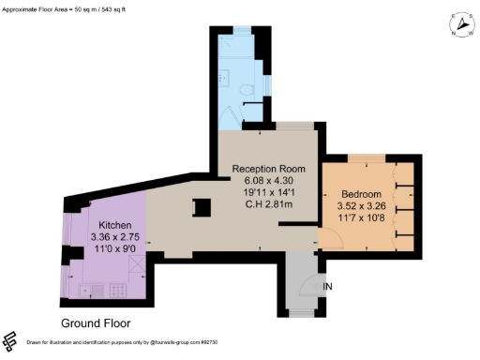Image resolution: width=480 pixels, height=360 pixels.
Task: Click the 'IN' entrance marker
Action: [326, 285]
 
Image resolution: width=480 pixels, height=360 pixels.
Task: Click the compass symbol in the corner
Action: [461, 25]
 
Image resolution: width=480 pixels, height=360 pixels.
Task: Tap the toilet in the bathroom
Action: [246, 90]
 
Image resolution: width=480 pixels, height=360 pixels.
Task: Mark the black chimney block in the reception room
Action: [200, 207]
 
